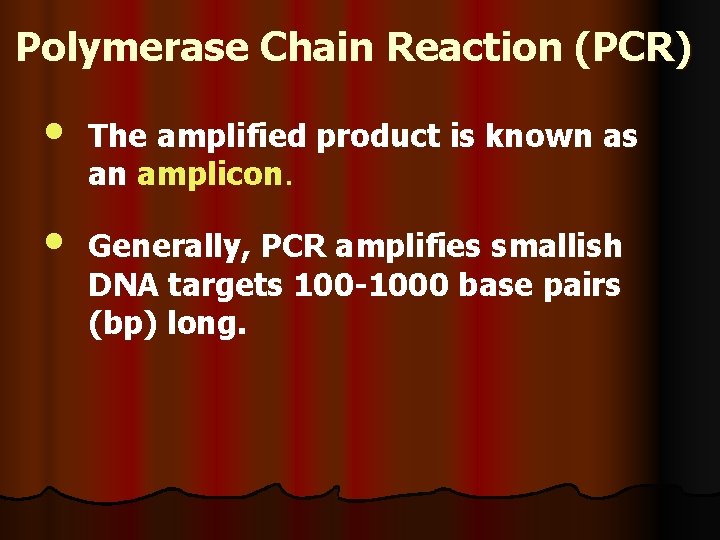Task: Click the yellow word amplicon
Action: (x=211, y=176)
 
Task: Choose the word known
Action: (x=541, y=137)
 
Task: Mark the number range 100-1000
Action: (x=373, y=286)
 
